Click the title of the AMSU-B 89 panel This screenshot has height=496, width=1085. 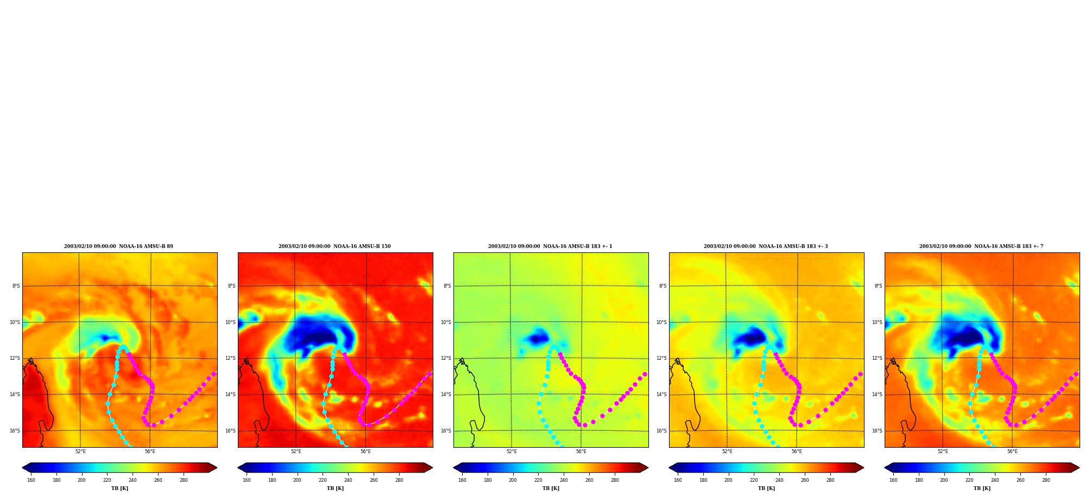coord(118,246)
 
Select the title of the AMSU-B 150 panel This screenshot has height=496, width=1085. coord(335,246)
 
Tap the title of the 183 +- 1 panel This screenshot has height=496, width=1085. coord(550,246)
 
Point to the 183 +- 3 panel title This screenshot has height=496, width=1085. coord(766,246)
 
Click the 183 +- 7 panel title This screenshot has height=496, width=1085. coord(981,246)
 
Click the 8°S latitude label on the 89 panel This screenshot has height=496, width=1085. coord(16,286)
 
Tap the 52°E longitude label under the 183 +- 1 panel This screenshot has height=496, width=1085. coord(512,452)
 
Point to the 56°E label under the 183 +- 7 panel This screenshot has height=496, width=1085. coord(1012,452)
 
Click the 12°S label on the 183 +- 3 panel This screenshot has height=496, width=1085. coord(661,358)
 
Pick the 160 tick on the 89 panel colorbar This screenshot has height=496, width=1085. coord(31,480)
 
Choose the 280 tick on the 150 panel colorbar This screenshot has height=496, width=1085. coord(399,480)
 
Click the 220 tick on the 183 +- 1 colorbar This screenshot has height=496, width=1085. coord(538,480)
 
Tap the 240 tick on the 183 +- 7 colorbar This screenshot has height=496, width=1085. coord(995,480)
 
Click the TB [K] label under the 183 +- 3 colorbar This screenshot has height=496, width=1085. coord(766,488)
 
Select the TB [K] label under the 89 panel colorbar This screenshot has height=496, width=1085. coord(119,488)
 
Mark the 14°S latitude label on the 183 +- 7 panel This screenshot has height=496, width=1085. coord(877,395)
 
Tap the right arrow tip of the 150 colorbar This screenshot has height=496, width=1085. coord(432,468)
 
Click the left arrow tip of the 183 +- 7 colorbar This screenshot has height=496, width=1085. coord(885,468)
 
